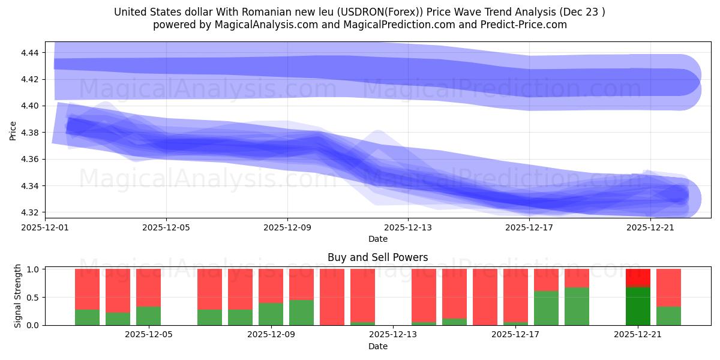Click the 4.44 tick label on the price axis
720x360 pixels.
click(29, 53)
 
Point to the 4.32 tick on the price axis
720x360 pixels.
click(29, 212)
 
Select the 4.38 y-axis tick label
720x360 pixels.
click(29, 133)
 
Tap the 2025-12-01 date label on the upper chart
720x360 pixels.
click(46, 227)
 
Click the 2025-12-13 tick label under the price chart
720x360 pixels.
click(408, 227)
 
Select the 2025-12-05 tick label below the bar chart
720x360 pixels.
click(148, 335)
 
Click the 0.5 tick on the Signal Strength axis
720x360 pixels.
click(34, 297)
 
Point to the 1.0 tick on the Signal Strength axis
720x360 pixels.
click(34, 269)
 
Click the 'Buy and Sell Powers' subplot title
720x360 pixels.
click(377, 257)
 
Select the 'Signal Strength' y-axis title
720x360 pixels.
click(18, 296)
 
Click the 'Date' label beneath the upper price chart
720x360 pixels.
click(377, 239)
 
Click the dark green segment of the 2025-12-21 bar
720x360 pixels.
click(638, 306)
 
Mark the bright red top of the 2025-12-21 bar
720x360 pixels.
click(638, 277)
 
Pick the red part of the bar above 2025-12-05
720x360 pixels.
click(148, 287)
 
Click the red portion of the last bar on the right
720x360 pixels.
click(668, 287)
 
